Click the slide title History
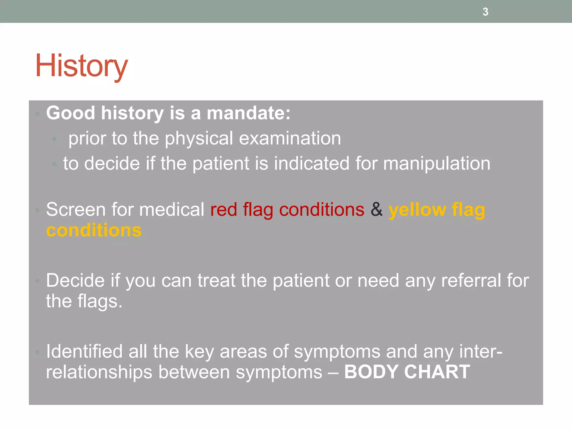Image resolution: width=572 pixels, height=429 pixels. coord(81,66)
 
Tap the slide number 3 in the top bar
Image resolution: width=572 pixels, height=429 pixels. coord(485,12)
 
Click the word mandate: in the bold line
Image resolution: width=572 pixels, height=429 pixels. coord(249,113)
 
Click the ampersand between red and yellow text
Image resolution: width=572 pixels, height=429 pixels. coord(376,209)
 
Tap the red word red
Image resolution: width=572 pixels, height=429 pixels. coord(223,209)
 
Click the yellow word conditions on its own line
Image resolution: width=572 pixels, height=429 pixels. coord(94,231)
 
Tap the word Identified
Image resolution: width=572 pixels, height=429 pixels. coord(84,351)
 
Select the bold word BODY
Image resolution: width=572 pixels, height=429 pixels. coord(371,372)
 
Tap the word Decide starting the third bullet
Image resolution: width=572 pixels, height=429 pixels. coord(75,280)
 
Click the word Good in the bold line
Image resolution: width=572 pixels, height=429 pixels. coord(70,113)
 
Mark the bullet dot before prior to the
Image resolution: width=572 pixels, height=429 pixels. coord(54,139)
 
